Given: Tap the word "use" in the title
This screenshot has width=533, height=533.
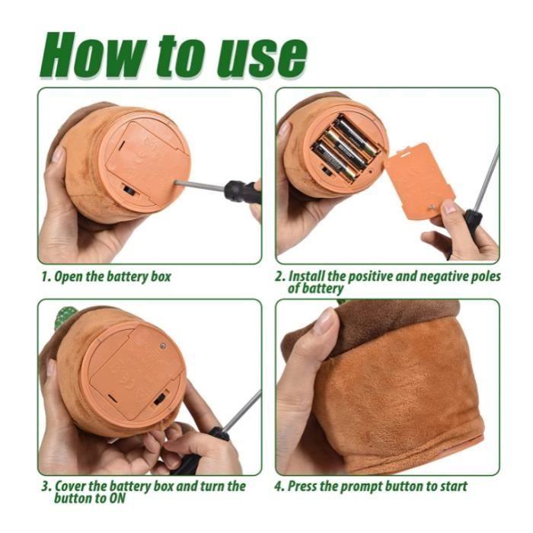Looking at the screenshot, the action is tap(261, 59).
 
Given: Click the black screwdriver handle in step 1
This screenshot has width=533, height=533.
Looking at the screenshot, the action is tap(242, 190).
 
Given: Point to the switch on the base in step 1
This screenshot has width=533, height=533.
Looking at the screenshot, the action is tap(130, 190).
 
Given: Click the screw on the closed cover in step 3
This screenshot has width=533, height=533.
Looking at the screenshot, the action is tap(163, 346).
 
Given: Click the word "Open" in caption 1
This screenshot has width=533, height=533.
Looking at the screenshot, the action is tap(69, 276).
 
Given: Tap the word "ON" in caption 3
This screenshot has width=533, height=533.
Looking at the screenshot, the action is tap(116, 498).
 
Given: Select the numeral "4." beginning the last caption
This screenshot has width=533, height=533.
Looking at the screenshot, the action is tap(279, 486).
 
